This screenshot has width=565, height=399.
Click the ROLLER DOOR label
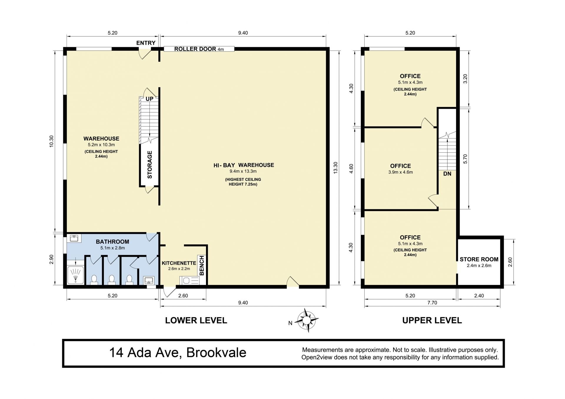coord(195,49)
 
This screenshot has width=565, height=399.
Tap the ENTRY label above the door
coord(146,43)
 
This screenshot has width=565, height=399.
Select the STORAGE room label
coord(150,165)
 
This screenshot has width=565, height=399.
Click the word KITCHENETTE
coord(179,263)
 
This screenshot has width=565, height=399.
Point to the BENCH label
coord(202,266)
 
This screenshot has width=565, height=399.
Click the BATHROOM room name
coord(112,242)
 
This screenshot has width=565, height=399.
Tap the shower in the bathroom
coord(76,275)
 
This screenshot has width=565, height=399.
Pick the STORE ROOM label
coord(479,259)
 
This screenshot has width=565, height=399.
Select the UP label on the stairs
coord(149,99)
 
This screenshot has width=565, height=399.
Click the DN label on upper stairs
coord(447,174)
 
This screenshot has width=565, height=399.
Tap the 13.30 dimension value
coord(335,168)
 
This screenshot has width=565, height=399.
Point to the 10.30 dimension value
coord(51,141)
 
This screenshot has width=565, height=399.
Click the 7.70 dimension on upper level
coord(432,303)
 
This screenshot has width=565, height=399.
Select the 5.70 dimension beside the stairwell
coord(465,159)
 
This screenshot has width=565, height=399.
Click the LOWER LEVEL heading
coord(196,320)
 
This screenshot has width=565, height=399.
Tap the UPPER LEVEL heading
coord(432,320)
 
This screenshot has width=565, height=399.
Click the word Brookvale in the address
coord(216,353)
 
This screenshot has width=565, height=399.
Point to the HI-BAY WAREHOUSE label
coord(244,165)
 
